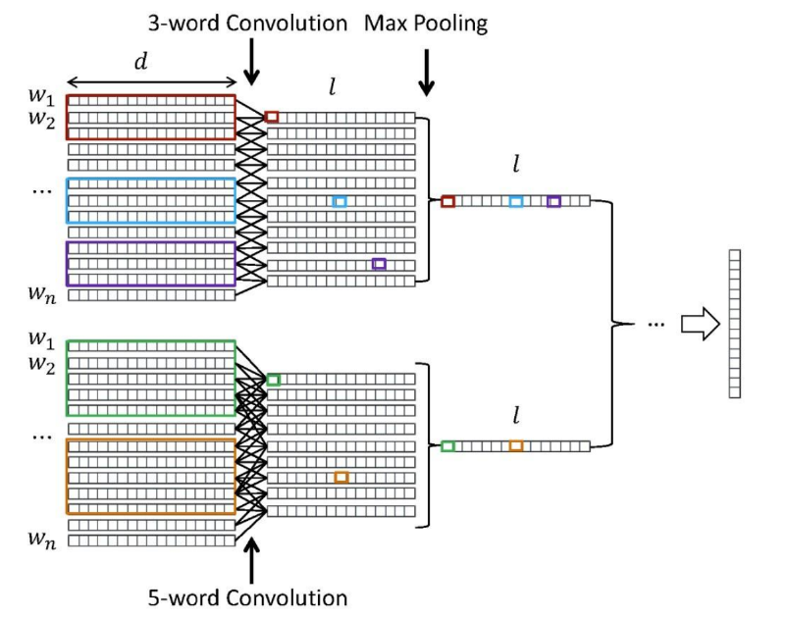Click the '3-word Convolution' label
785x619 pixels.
pos(247,24)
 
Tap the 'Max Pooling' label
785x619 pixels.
pos(426,24)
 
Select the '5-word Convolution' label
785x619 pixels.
pos(247,597)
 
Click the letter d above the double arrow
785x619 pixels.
pos(141,61)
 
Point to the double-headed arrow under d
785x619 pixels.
pos(152,82)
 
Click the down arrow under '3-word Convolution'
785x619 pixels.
pos(251,62)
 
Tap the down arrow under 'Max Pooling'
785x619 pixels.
pos(427,72)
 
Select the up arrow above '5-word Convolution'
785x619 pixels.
pos(251,561)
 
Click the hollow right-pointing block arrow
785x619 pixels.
pos(701,324)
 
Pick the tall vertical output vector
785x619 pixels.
pos(734,324)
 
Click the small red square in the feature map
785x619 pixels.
pos(272,117)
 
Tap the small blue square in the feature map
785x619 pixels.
pos(340,202)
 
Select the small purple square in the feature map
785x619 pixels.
pos(379,264)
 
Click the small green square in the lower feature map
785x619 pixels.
pos(274,380)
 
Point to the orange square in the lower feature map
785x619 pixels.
pos(341,477)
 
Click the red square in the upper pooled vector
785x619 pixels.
pos(447,202)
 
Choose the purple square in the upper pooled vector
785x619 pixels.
pos(553,202)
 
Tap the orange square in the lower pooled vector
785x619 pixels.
pos(516,446)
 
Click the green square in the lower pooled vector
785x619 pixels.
pos(447,446)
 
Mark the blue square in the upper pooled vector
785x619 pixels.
pos(516,202)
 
